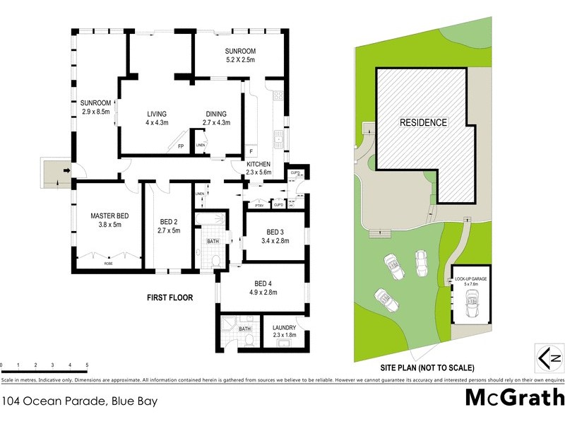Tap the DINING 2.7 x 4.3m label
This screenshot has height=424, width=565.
pyautogui.click(x=217, y=118)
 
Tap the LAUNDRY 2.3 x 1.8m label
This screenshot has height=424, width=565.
pyautogui.click(x=285, y=331)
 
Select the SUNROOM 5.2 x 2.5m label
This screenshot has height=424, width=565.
pyautogui.click(x=240, y=56)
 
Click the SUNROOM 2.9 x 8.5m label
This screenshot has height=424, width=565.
pyautogui.click(x=96, y=108)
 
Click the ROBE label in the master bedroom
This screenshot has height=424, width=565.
pyautogui.click(x=108, y=263)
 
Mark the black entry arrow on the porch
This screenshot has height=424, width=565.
pyautogui.click(x=66, y=170)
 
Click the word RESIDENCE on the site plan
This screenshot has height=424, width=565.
pyautogui.click(x=423, y=122)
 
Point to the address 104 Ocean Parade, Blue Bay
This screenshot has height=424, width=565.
pyautogui.click(x=79, y=401)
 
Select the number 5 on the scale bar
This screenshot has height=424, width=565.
pyautogui.click(x=87, y=365)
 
